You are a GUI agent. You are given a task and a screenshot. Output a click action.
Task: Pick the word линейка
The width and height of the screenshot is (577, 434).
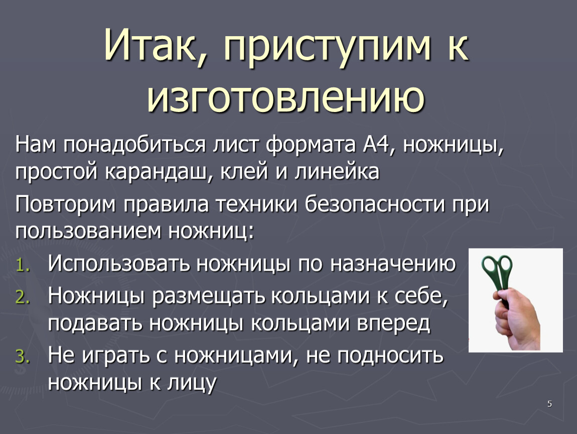[x=337, y=172]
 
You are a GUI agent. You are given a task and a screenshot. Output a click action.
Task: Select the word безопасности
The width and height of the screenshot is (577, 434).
[x=375, y=204]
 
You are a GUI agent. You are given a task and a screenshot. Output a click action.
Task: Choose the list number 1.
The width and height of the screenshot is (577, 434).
[x=23, y=265]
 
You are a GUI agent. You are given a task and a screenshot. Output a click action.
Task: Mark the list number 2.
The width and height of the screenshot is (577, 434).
[x=23, y=297]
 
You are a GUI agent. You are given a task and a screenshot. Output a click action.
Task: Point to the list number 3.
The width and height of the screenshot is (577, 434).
[x=23, y=357]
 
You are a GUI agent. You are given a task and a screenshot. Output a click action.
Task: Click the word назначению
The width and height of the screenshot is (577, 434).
[x=393, y=264]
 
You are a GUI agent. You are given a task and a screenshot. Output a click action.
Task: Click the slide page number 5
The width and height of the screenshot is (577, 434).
[x=549, y=404]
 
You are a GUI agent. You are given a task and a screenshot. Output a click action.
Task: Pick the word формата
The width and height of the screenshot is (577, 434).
[x=311, y=145]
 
